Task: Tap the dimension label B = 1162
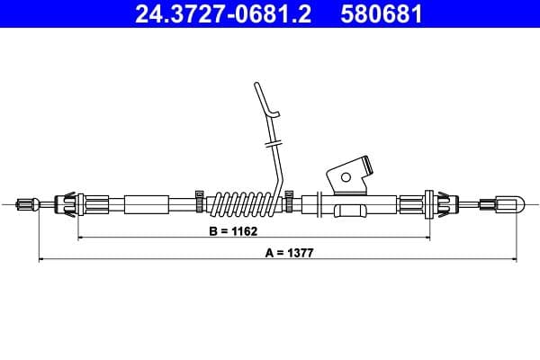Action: [233, 231]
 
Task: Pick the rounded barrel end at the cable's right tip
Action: [509, 205]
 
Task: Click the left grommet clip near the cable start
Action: [70, 204]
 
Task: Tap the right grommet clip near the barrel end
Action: [442, 204]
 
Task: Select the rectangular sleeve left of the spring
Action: [147, 204]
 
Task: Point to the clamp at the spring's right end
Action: [290, 198]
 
